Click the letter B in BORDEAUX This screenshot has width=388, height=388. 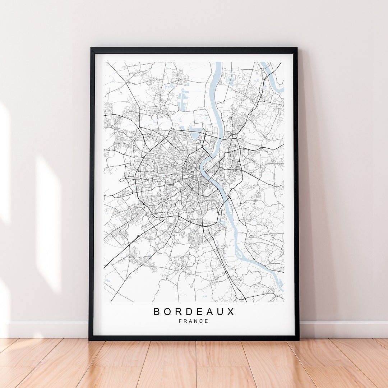(x=157, y=311)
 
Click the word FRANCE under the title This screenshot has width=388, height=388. (x=193, y=321)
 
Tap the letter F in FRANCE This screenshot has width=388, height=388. (x=180, y=321)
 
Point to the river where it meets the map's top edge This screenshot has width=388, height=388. (x=218, y=64)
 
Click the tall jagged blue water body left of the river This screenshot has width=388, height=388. (x=183, y=99)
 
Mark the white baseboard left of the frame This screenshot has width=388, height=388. (x=47, y=329)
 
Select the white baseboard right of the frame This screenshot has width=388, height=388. (x=343, y=329)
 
